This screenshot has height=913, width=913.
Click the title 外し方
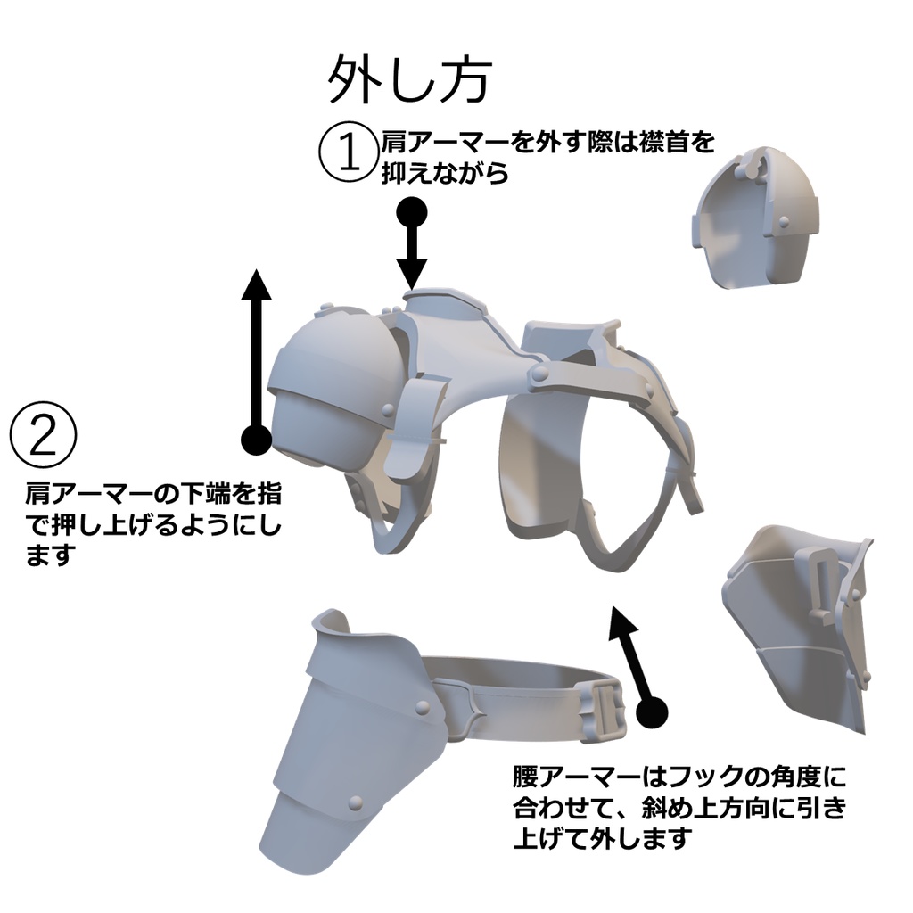(409, 80)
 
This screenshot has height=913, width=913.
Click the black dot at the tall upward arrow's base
(257, 438)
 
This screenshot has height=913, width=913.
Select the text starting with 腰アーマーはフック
(678, 807)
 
